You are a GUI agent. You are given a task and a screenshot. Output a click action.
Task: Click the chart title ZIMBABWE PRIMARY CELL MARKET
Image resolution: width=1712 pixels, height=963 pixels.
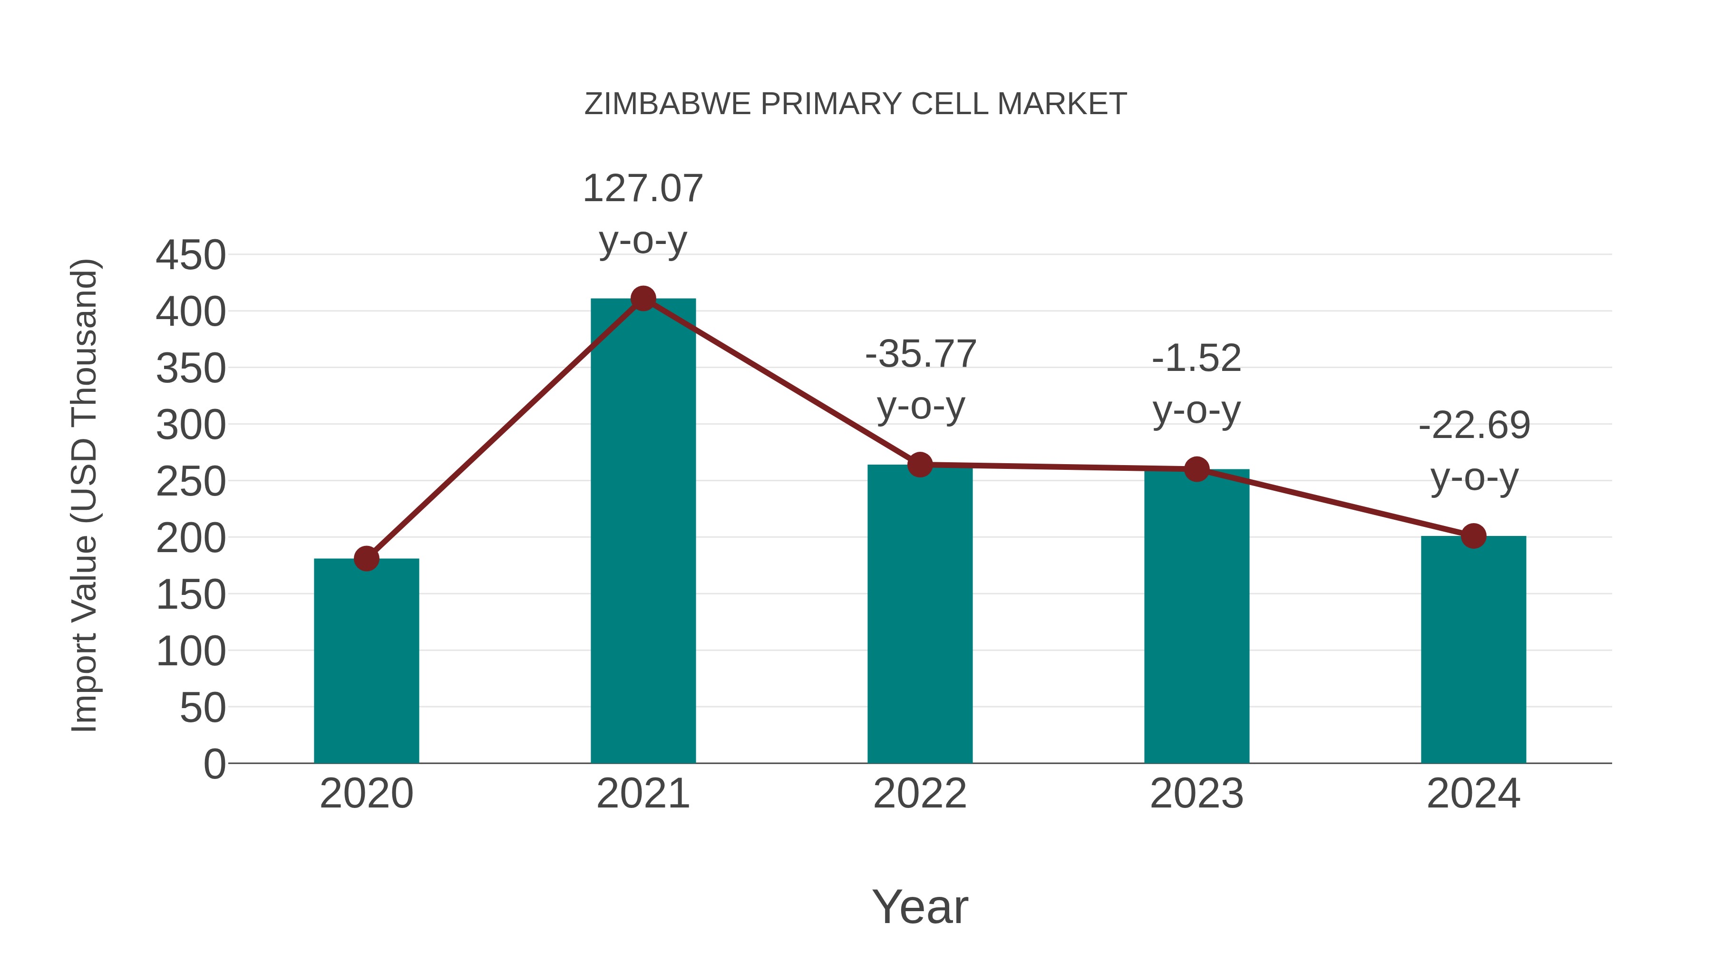click(x=856, y=104)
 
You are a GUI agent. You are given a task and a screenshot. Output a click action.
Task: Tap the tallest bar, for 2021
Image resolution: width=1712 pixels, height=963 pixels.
click(x=642, y=532)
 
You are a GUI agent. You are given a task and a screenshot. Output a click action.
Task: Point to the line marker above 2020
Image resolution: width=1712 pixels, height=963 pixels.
click(x=366, y=559)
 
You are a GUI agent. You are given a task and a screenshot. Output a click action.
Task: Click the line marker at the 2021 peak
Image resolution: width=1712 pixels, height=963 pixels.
click(x=642, y=299)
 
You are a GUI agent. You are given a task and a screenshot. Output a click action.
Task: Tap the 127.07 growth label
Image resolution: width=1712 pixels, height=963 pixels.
click(x=642, y=189)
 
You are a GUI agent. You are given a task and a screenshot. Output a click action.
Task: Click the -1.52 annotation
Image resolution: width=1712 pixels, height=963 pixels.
click(x=1196, y=359)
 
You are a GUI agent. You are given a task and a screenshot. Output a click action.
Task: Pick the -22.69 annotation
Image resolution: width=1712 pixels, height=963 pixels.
click(x=1473, y=426)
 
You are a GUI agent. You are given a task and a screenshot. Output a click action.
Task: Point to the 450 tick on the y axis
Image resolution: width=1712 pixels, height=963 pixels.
click(x=191, y=255)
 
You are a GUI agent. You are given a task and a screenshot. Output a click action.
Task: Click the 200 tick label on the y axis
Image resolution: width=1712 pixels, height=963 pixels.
click(x=191, y=538)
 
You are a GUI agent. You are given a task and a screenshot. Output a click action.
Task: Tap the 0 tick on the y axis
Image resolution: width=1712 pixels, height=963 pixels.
click(x=214, y=764)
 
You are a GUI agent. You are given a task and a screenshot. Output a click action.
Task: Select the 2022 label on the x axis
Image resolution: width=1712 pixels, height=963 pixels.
click(x=920, y=794)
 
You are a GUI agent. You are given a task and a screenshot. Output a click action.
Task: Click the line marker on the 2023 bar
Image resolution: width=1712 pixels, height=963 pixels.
click(x=1196, y=469)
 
